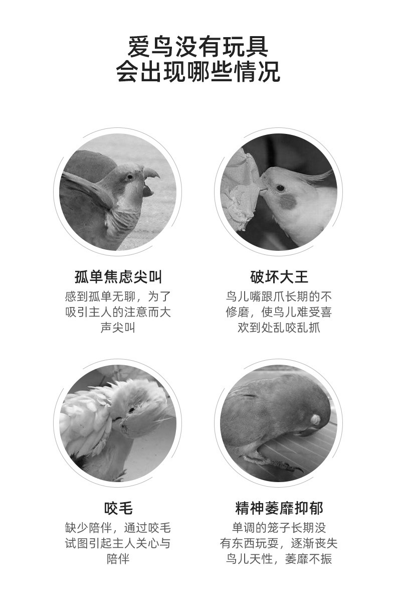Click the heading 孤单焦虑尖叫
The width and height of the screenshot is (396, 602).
118,277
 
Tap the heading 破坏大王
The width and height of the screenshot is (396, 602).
279,277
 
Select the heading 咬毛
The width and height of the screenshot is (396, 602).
118,508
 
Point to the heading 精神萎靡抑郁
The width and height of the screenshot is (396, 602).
279,508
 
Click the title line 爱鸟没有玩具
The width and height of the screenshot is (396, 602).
198,47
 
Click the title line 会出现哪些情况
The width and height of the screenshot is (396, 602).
198,71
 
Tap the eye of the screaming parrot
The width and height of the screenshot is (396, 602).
130,177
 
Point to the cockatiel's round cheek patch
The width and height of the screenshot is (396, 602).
288,202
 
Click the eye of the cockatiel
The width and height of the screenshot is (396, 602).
280,188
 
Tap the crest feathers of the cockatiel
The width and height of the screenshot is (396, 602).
319,176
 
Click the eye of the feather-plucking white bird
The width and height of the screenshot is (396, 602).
132,410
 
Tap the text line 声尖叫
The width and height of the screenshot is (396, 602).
118,328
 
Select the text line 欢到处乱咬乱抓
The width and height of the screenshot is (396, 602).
279,328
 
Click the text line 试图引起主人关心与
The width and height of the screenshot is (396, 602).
118,543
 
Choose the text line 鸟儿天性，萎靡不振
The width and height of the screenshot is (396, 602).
279,559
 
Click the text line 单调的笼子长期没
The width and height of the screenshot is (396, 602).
279,528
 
